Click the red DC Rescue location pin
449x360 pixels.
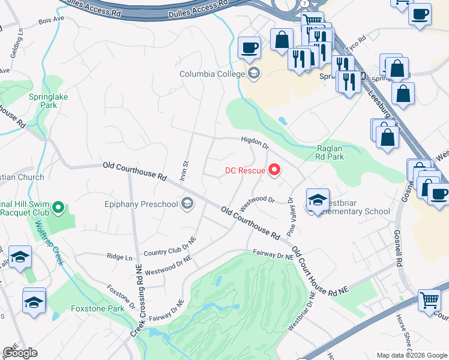(275, 171)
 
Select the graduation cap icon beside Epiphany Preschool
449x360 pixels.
(188, 204)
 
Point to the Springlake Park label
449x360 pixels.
(43, 100)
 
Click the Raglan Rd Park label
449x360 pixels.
(330, 152)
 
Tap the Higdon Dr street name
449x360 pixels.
(255, 141)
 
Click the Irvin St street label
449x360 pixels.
(185, 170)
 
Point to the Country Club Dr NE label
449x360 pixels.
(170, 248)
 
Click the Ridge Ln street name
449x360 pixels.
(119, 256)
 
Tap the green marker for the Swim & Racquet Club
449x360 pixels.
(58, 208)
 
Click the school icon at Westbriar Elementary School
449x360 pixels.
(318, 200)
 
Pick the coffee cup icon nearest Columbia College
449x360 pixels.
(249, 47)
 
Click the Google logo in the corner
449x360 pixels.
(20, 353)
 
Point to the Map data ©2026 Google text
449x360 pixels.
(411, 355)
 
